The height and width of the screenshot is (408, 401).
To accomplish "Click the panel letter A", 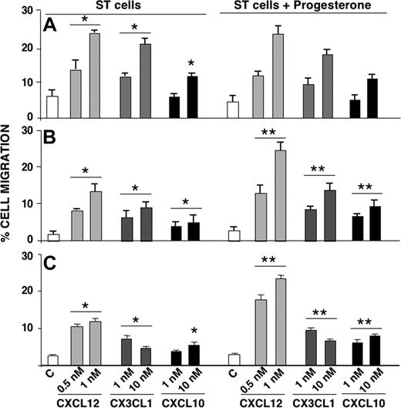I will click(x=49, y=25).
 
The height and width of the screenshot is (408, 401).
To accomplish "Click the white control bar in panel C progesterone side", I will click(x=233, y=360).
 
